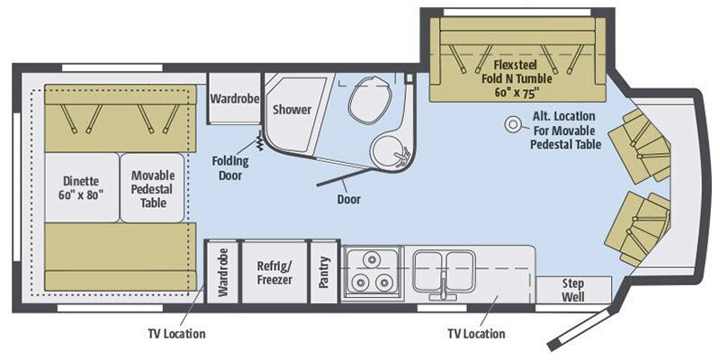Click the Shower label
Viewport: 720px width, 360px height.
(292, 110)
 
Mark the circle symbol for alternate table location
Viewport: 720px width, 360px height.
(516, 124)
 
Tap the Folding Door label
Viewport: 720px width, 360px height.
(230, 167)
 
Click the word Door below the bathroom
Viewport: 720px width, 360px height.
(347, 199)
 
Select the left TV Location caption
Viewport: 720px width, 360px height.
(176, 334)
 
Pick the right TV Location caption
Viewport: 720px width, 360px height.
(476, 334)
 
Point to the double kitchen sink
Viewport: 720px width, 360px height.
(443, 267)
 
